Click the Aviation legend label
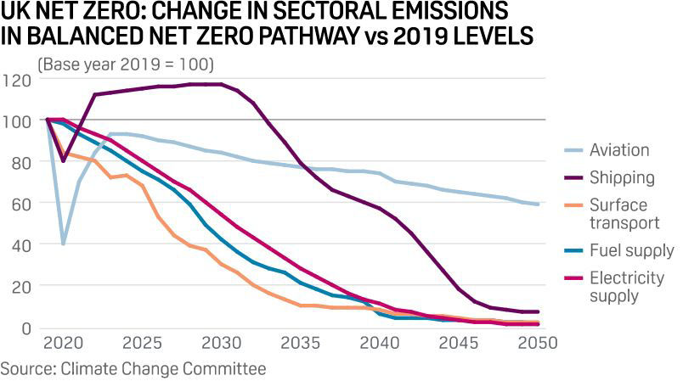(x=618, y=150)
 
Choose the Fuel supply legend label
(x=630, y=251)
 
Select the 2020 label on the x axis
(x=62, y=344)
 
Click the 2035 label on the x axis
(x=300, y=344)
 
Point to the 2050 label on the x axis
(x=537, y=344)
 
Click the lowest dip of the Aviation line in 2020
(x=63, y=244)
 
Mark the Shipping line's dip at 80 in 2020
(x=63, y=160)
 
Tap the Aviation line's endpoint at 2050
(x=538, y=205)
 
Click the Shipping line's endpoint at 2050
(x=538, y=311)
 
